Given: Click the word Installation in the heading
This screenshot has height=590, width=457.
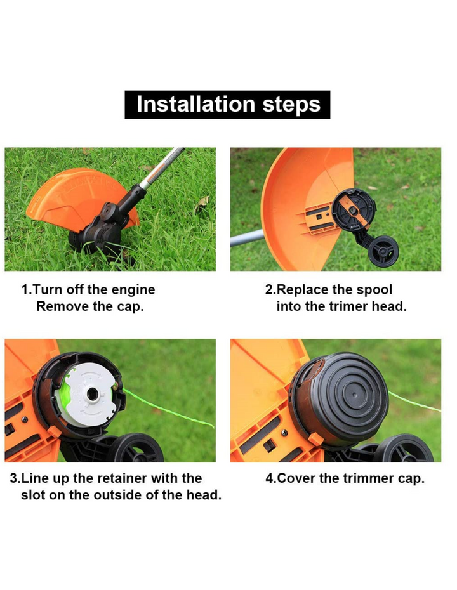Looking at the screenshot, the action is point(196,104).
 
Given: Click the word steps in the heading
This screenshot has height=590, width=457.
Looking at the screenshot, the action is point(291,105).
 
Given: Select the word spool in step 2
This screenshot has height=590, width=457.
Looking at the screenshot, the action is point(374,290).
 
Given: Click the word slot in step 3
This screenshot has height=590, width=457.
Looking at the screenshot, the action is point(33,495).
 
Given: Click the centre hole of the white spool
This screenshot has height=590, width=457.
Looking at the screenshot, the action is point(92,395).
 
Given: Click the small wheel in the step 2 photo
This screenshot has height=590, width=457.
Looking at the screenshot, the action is point(383,252).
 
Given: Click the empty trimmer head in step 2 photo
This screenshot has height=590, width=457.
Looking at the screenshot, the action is point(354,209).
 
